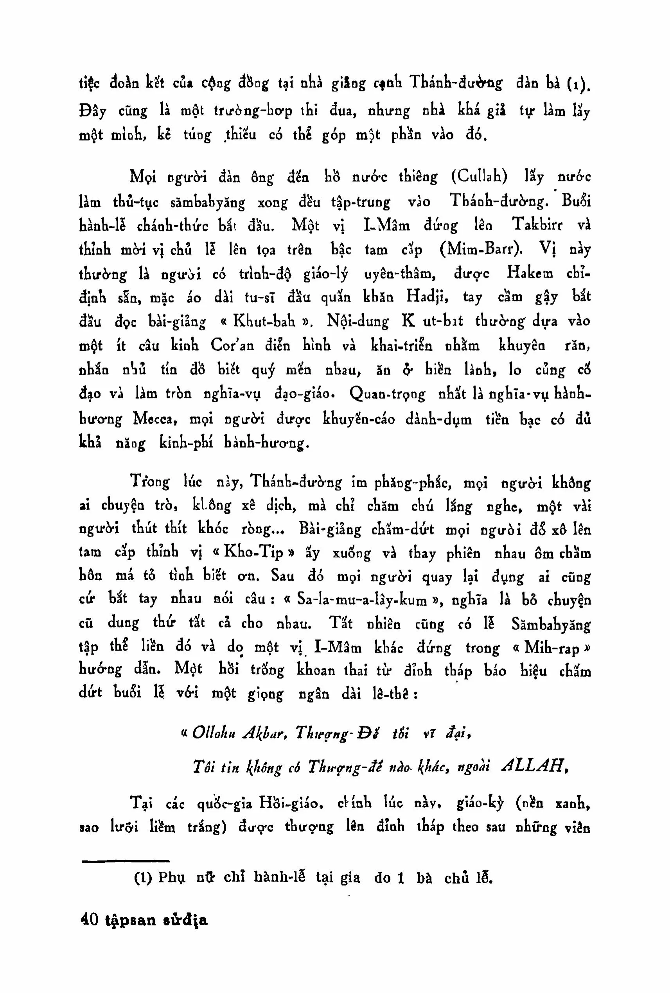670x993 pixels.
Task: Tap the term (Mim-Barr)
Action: pos(481,249)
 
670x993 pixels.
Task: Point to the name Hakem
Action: pos(530,273)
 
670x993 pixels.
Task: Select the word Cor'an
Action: pos(232,345)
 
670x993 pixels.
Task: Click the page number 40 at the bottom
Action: pos(89,920)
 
